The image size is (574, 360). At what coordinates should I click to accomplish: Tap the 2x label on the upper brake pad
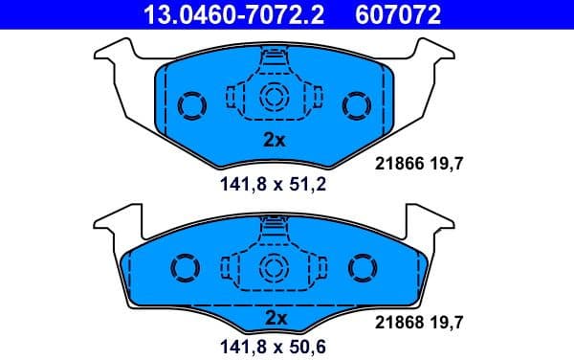click(275, 139)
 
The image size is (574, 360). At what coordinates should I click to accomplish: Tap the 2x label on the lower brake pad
click(275, 316)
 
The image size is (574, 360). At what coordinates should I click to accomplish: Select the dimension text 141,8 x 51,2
click(275, 185)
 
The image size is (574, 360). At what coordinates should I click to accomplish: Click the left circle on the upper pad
click(191, 103)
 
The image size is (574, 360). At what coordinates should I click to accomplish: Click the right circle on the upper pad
click(357, 103)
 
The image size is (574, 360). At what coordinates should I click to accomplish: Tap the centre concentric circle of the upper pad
click(275, 96)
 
